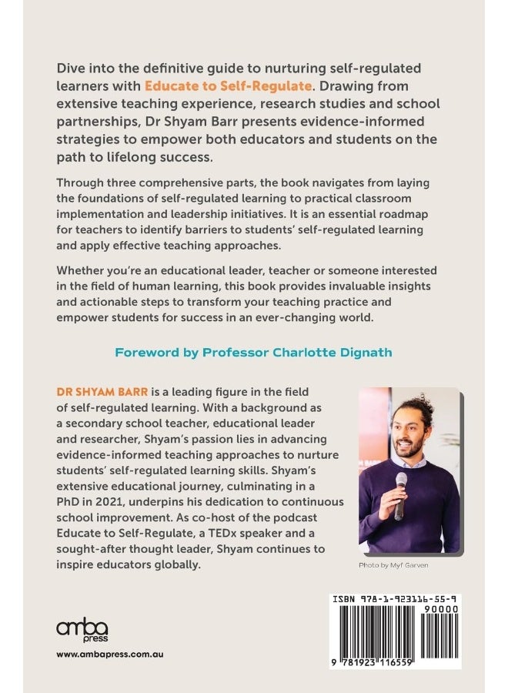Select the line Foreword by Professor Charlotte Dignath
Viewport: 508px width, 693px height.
253,353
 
